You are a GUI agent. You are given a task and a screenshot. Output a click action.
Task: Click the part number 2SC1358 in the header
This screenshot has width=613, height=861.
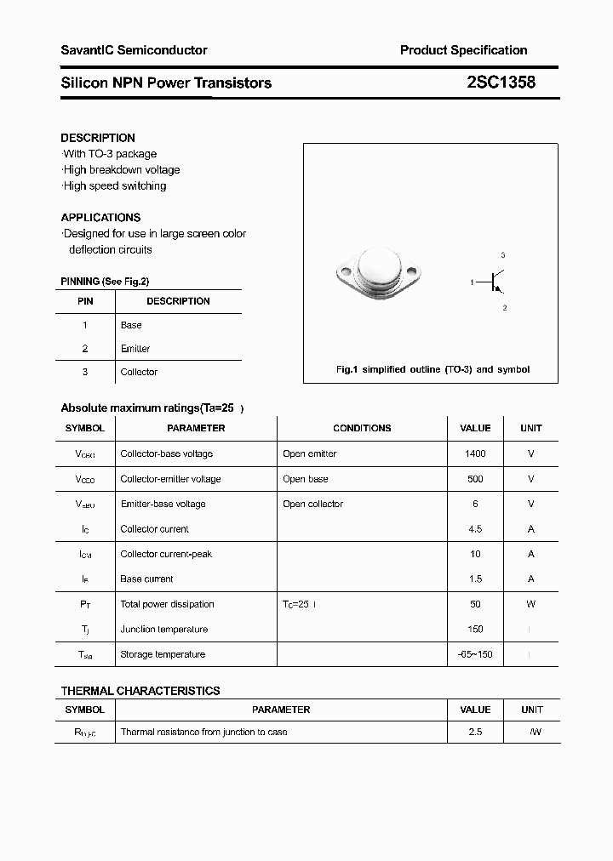click(501, 83)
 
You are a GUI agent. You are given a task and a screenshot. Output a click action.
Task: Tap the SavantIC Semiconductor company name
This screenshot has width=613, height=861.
click(134, 50)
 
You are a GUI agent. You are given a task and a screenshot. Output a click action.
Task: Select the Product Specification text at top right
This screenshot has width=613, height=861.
click(463, 50)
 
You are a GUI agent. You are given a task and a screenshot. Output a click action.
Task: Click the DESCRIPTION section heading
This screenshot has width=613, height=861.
click(98, 138)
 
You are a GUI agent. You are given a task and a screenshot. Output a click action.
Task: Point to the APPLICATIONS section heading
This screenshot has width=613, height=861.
click(100, 218)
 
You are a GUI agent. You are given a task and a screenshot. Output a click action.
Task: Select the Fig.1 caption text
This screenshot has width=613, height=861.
click(433, 369)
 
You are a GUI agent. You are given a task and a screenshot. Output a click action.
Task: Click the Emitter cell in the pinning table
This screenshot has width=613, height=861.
click(135, 349)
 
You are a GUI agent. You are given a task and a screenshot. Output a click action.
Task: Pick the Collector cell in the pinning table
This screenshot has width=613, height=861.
click(139, 372)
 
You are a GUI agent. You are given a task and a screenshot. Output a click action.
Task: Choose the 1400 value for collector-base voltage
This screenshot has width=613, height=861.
click(475, 454)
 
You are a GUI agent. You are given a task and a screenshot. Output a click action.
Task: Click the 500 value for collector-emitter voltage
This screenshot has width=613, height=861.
click(475, 479)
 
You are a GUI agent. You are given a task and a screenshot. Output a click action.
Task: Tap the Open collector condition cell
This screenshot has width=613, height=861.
click(312, 504)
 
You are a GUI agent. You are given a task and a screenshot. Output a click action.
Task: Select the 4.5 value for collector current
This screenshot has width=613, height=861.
click(475, 529)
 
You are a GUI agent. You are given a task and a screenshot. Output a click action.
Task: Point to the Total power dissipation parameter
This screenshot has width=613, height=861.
click(168, 604)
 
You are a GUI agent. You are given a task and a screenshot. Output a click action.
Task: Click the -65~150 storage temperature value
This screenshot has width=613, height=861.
click(475, 654)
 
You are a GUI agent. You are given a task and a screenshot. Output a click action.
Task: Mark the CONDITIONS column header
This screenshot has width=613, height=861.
click(362, 429)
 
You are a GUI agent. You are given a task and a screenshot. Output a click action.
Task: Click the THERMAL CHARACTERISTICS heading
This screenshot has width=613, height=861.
click(140, 691)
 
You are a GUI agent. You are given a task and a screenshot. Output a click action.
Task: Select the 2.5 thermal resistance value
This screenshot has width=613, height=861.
click(475, 732)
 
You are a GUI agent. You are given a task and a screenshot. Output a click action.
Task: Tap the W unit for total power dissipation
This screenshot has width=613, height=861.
click(530, 604)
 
